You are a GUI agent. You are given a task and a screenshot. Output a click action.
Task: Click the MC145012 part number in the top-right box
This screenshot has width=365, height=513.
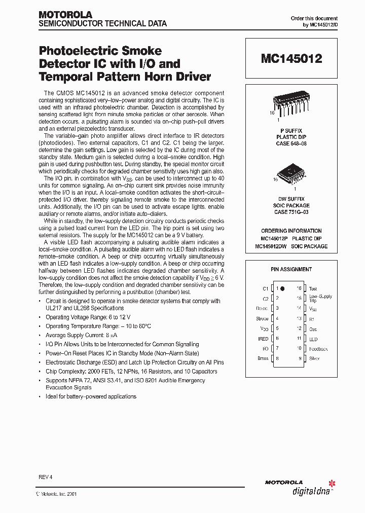[291, 59]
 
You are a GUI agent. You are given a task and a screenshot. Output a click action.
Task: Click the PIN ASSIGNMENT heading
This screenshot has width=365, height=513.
[291, 269]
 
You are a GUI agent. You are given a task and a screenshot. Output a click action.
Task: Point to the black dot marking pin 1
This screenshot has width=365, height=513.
[283, 288]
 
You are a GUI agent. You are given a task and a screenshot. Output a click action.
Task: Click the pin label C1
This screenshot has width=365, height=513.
[265, 288]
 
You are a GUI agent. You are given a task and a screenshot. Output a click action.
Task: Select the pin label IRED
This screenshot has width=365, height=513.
[263, 339]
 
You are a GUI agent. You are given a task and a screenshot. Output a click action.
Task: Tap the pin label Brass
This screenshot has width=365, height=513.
[263, 358]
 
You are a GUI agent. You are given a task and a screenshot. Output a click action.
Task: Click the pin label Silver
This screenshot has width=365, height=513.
[314, 358]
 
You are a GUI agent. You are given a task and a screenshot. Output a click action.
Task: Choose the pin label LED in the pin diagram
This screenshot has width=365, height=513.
[313, 339]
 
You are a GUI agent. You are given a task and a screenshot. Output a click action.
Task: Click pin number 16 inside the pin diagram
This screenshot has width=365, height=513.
[299, 288]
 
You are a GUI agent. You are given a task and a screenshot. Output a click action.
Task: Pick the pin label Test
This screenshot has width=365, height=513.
[313, 288]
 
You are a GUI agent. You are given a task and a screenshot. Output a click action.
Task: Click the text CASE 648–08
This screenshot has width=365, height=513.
[291, 144]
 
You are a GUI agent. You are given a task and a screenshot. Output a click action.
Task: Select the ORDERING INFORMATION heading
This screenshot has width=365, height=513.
[291, 231]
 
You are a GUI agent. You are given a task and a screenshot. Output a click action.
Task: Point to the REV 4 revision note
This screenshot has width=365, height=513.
[46, 477]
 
